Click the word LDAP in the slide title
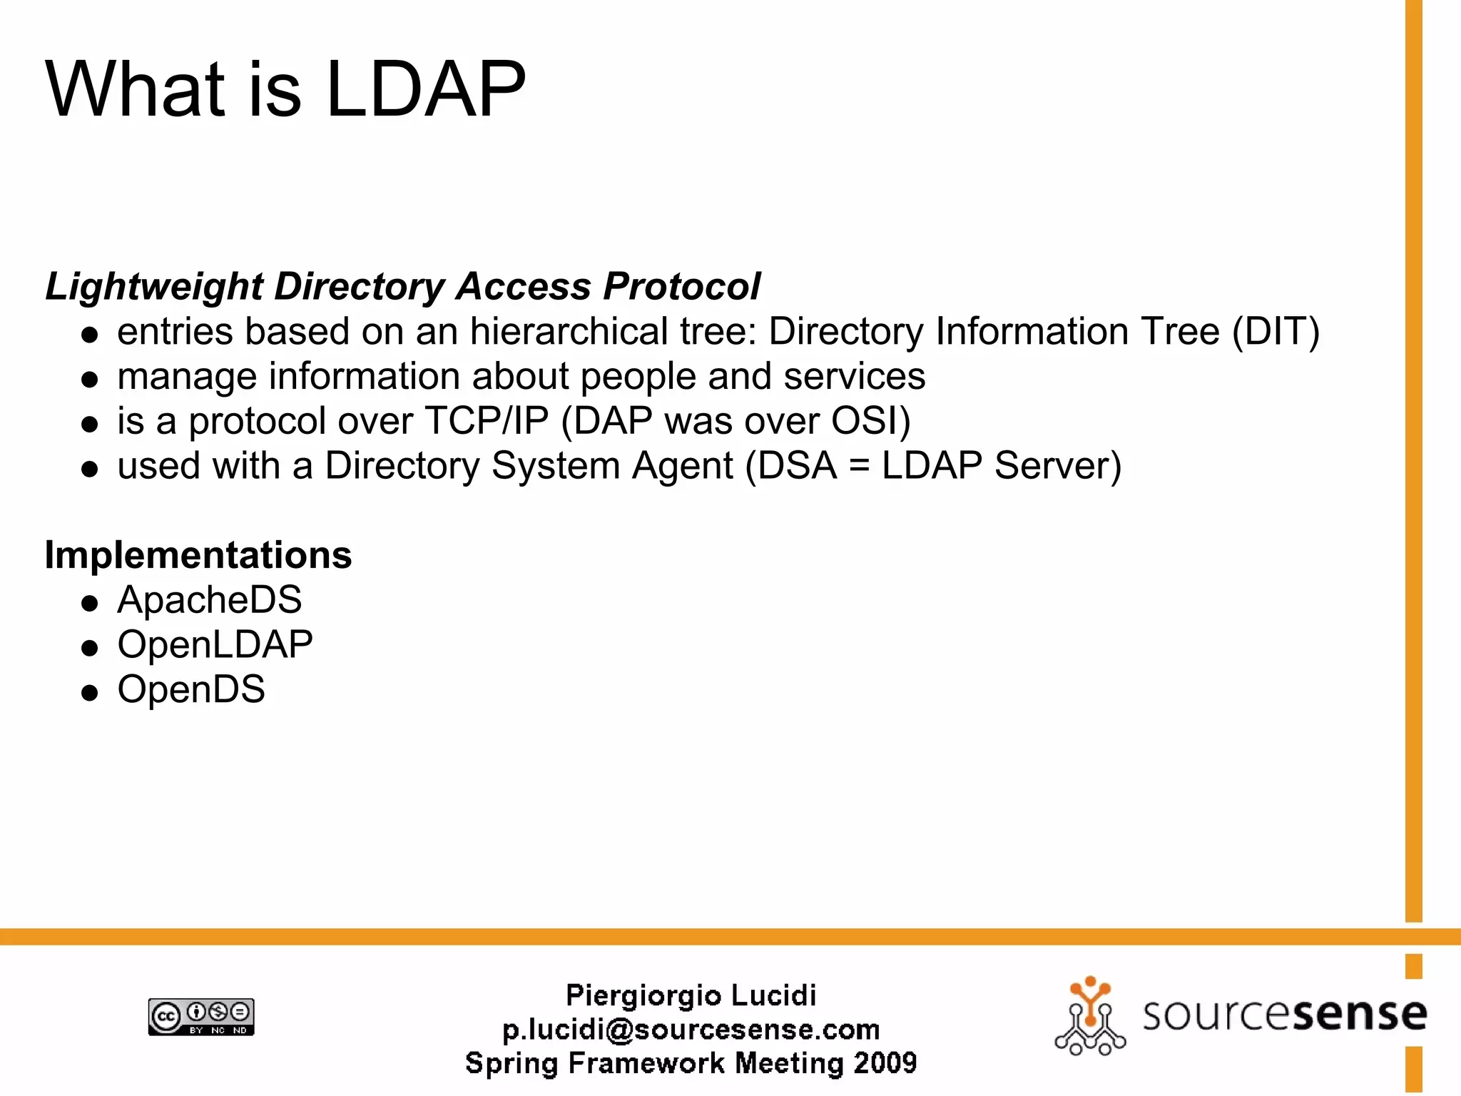[x=425, y=89]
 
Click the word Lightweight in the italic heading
[x=154, y=287]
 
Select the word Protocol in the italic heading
[x=681, y=287]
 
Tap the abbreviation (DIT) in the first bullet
[x=1276, y=333]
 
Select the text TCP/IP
[x=487, y=421]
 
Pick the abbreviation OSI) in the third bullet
[x=871, y=421]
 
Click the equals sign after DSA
[x=860, y=467]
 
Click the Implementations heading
[x=198, y=554]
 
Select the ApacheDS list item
[x=209, y=599]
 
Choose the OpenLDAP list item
[x=215, y=644]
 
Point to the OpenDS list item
[x=191, y=689]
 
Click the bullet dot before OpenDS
[x=89, y=692]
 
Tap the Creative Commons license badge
[x=201, y=1017]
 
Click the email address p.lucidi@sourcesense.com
[x=691, y=1030]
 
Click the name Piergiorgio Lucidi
[x=691, y=995]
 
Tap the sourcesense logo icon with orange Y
[x=1089, y=1016]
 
